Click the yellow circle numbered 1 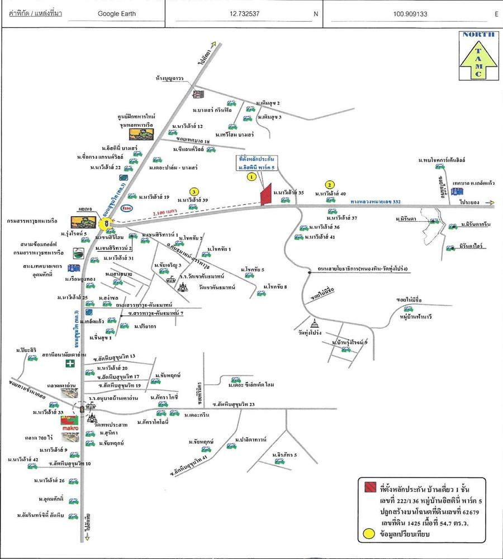pos(251,177)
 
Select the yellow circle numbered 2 pos(330,185)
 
